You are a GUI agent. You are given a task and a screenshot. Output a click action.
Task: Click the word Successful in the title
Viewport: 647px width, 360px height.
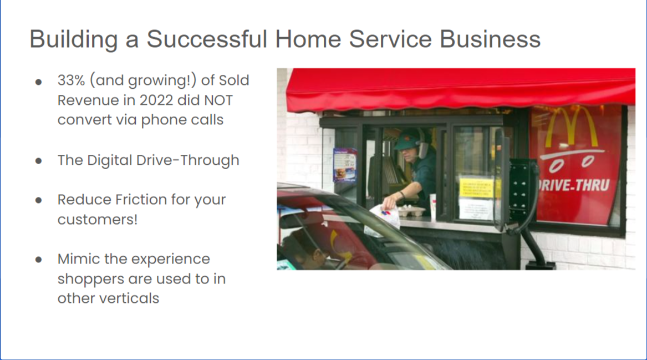click(x=203, y=39)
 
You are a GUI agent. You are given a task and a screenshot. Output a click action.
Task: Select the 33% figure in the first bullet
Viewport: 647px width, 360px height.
click(x=72, y=80)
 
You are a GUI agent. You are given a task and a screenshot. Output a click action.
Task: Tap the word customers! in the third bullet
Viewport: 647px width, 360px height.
click(x=98, y=219)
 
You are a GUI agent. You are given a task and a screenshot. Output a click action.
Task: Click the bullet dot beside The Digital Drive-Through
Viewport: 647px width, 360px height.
click(x=38, y=161)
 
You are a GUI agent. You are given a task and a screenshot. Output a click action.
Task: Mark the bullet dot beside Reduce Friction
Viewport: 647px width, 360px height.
click(x=38, y=200)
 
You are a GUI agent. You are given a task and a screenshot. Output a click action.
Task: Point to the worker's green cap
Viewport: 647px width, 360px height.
click(x=406, y=139)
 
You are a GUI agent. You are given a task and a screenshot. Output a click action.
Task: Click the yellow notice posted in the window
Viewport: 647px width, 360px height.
click(x=475, y=188)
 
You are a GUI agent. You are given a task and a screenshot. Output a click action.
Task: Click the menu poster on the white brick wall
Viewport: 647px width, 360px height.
click(x=344, y=165)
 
